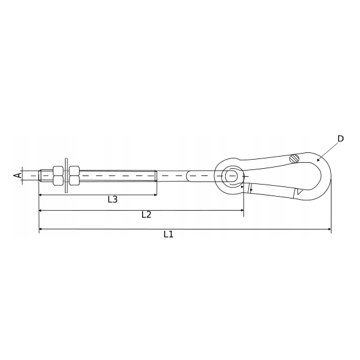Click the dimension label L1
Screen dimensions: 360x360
(168, 234)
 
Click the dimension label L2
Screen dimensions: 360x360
(146, 215)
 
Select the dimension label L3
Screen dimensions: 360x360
(112, 199)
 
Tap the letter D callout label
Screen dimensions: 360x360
(341, 138)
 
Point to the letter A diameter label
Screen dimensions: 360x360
(18, 175)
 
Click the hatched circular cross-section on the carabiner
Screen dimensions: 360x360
(294, 158)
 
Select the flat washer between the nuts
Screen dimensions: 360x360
(67, 175)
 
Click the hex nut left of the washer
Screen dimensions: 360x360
(58, 175)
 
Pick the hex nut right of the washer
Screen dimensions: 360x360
(75, 175)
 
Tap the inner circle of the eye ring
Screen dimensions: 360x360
(232, 176)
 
